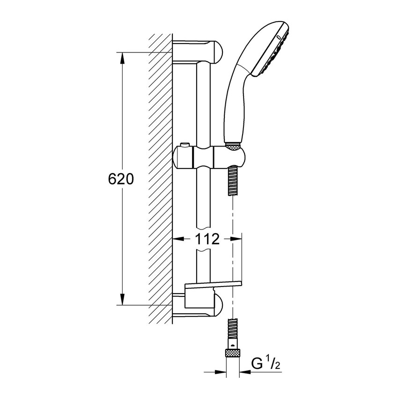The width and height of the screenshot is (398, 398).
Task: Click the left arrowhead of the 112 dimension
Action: [x=177, y=239]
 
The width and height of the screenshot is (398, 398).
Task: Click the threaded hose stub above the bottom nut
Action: [x=233, y=330]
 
